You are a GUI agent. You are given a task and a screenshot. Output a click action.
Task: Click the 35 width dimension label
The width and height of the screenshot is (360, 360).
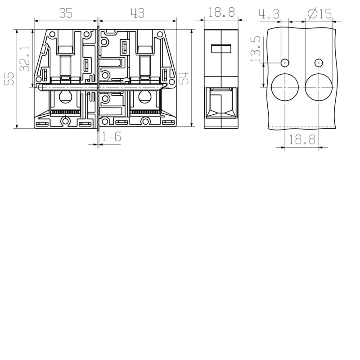pyautogui.click(x=66, y=13)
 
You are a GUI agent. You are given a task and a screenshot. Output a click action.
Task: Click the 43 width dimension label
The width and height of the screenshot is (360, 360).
pyautogui.click(x=138, y=13)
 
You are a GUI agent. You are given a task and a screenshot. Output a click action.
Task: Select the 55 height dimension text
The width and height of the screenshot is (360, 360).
pyautogui.click(x=9, y=79)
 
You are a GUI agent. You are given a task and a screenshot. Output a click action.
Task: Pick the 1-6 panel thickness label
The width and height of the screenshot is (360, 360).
pyautogui.click(x=111, y=137)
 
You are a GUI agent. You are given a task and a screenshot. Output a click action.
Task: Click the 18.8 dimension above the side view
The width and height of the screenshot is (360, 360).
pyautogui.click(x=222, y=13)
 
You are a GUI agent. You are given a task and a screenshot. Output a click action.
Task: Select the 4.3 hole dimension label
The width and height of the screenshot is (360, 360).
pyautogui.click(x=269, y=14)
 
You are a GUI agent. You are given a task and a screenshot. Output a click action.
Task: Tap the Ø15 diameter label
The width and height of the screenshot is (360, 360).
pyautogui.click(x=320, y=14)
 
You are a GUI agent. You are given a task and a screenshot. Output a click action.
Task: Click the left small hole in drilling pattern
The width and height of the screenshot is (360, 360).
pyautogui.click(x=285, y=62)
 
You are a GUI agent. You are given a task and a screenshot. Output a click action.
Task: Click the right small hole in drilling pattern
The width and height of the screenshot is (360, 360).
pyautogui.click(x=319, y=62)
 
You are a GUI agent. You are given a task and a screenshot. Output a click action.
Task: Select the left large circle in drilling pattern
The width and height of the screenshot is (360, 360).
pyautogui.click(x=285, y=86)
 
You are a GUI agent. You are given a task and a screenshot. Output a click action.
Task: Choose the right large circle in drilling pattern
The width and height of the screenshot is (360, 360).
pyautogui.click(x=319, y=86)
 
